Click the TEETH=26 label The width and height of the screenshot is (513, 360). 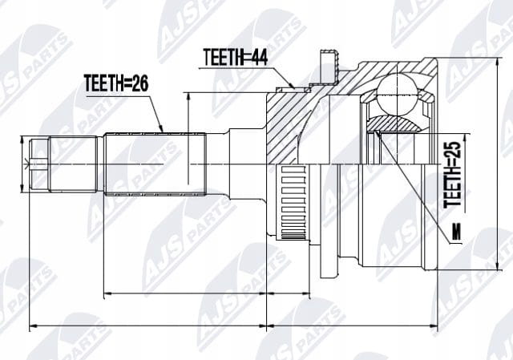pos(116,83)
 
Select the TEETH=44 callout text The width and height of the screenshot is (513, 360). pos(235,57)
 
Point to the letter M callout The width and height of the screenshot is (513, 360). pos(456,232)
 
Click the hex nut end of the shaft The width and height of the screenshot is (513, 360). pos(39,164)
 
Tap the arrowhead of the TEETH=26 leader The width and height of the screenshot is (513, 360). pos(161,128)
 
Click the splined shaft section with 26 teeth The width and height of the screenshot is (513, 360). pos(155,164)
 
